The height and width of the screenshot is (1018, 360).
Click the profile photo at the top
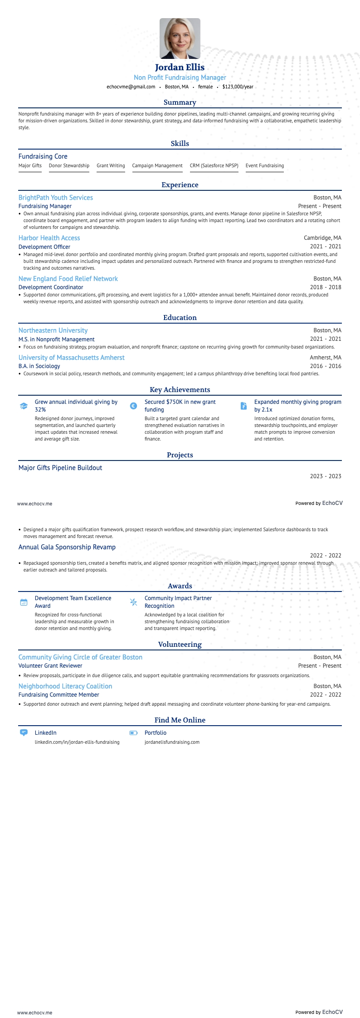click(180, 39)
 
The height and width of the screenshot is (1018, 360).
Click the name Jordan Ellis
click(180, 68)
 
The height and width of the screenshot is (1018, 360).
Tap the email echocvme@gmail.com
click(131, 87)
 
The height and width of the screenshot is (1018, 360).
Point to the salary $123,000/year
click(238, 87)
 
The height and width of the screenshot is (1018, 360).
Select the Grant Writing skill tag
click(111, 165)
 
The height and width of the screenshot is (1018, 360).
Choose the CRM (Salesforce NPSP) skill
click(214, 165)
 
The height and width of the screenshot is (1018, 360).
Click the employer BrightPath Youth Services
click(56, 198)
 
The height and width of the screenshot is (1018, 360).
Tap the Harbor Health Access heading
click(49, 238)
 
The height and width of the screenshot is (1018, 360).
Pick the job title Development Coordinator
click(51, 287)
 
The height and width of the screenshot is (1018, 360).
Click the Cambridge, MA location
click(322, 238)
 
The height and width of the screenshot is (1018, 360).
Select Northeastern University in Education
click(53, 330)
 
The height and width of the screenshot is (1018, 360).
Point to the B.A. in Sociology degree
click(39, 366)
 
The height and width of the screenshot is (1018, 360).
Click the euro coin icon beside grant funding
click(133, 406)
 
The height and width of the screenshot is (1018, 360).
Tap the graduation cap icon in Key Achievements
click(24, 406)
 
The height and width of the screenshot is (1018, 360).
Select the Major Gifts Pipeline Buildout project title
click(60, 468)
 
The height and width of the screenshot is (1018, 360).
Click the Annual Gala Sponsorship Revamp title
click(67, 547)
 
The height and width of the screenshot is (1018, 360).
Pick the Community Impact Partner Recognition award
click(178, 602)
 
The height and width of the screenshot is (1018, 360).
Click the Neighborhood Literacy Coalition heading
click(65, 686)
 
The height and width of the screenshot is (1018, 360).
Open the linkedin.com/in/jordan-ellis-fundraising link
click(77, 742)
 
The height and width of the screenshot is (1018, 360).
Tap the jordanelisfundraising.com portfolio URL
click(172, 742)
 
